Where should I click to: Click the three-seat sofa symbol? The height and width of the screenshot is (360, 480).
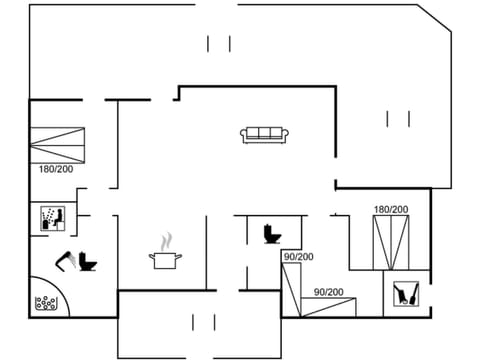coord(265,133)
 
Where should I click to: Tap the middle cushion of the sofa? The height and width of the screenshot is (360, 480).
coord(265,132)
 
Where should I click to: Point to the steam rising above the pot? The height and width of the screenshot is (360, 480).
coord(168,240)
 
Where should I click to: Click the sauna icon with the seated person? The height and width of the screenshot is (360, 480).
coord(52,217)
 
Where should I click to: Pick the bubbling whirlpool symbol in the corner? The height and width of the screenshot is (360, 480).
coord(44,303)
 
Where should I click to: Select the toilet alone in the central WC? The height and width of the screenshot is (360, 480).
coord(270,234)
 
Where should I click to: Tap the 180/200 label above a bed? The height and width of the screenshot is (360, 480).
coord(390,209)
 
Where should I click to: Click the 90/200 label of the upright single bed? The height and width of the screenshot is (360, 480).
coord(298,257)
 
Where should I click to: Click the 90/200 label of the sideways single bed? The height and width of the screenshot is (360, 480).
coord(329,292)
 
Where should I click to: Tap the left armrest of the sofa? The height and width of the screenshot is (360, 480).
coord(244,134)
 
